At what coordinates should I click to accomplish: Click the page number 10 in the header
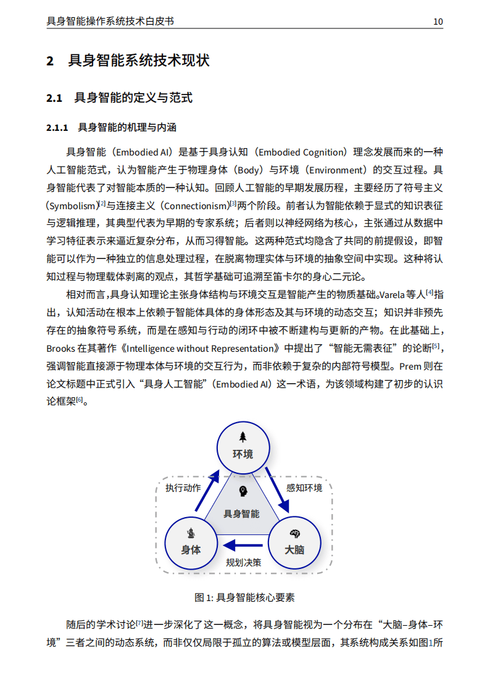click(438, 22)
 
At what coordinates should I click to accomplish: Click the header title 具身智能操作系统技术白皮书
click(110, 22)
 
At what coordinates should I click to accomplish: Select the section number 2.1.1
click(57, 128)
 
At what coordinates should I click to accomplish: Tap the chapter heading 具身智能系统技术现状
click(138, 60)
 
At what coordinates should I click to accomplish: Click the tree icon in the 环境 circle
click(243, 436)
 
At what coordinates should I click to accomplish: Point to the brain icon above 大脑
click(294, 533)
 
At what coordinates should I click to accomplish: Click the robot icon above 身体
click(191, 533)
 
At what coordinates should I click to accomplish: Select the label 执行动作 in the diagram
click(183, 488)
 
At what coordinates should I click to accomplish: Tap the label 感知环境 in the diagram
click(304, 488)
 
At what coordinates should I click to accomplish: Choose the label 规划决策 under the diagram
click(243, 562)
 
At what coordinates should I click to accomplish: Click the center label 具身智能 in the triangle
click(241, 513)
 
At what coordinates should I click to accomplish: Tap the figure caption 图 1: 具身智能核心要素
click(244, 597)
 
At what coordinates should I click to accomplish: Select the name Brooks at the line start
click(61, 348)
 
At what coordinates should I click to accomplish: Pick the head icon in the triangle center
click(243, 492)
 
